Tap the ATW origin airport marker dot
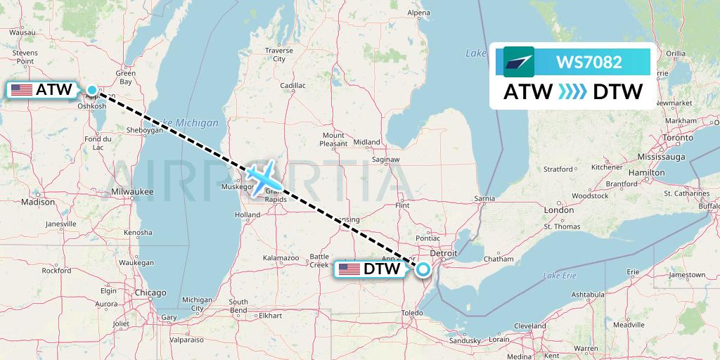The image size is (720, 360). coord(92,89)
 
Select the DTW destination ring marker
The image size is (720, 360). coord(423,269)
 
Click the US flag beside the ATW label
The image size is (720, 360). coord(22,90)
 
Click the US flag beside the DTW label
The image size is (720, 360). coord(349,269)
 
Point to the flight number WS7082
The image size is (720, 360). coord(589,62)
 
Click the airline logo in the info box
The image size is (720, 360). coord(519,62)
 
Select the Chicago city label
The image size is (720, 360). coord(150,292)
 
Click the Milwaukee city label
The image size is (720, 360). coord(132,191)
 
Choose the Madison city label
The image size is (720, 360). coord(38,202)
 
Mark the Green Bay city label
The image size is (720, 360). coord(126,77)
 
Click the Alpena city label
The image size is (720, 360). coord(418,13)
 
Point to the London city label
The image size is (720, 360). coord(558,210)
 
